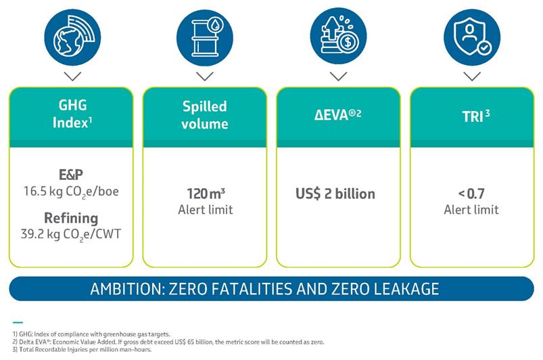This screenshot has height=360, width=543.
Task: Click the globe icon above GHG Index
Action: [72, 37]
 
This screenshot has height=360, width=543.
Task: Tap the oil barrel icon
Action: [205, 37]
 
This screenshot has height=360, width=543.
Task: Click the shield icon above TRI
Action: [472, 37]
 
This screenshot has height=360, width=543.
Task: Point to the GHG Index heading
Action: [72, 114]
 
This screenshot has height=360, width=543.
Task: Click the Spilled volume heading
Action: [205, 114]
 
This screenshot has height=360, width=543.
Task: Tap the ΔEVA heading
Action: [337, 114]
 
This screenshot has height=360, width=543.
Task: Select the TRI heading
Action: [476, 116]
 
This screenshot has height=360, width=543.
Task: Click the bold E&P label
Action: [71, 175]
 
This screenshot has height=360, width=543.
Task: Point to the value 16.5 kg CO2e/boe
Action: [71, 192]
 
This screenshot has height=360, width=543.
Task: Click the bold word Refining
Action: [71, 218]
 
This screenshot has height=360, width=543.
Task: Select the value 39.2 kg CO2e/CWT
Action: [71, 235]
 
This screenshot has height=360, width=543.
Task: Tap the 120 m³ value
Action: [206, 194]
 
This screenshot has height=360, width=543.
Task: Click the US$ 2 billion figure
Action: [335, 194]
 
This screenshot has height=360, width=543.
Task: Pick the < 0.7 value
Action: [471, 194]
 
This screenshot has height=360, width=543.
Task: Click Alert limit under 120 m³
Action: [206, 210]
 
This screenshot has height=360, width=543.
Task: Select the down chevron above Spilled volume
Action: [205, 76]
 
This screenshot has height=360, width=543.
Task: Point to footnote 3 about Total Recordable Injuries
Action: [82, 349]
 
